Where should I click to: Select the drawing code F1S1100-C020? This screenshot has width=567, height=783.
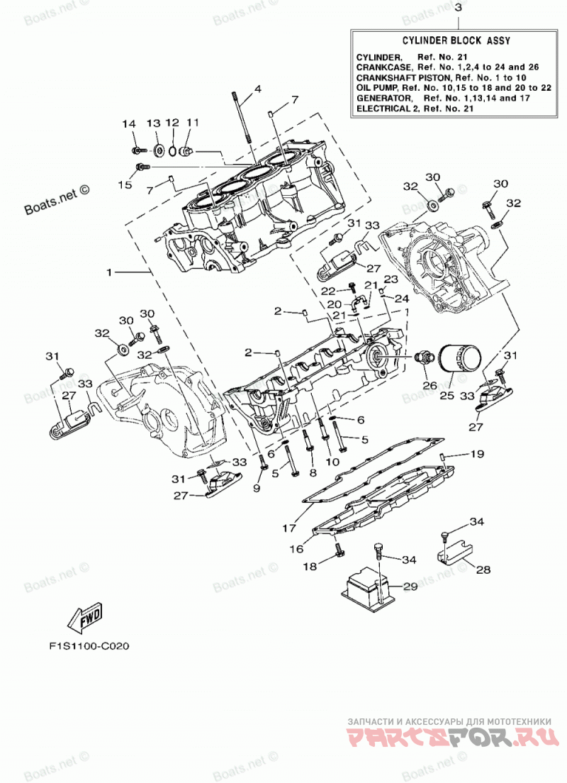89,645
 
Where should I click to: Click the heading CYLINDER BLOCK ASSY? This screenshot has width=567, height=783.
456,40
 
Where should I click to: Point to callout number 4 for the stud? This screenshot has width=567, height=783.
257,89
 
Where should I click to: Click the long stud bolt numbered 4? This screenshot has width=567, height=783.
242,119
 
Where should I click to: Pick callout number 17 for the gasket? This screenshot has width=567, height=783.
289,527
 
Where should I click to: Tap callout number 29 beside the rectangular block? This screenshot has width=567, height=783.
410,587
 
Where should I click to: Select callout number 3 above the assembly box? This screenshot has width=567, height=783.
458,8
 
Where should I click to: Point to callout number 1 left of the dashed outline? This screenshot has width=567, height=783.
108,272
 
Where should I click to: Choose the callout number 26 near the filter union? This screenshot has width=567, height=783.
430,386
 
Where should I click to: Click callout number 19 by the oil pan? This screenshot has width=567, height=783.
477,454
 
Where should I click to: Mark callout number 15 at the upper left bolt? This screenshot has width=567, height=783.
125,185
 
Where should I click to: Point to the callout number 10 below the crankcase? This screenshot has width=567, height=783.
332,462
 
